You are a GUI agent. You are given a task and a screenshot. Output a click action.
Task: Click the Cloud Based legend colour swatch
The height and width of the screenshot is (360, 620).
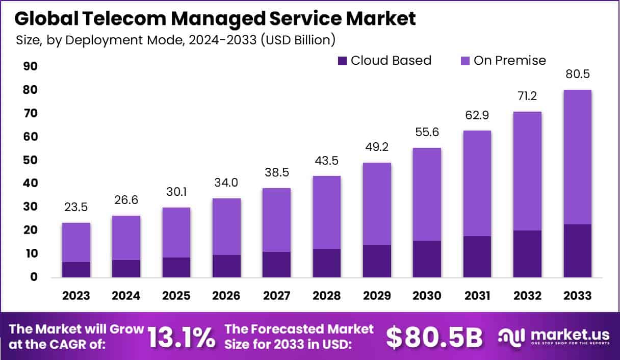point(342,61)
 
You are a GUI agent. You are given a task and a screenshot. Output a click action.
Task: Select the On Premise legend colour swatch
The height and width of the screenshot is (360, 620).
point(465,61)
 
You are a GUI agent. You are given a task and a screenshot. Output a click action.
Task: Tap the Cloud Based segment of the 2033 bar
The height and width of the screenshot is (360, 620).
point(577,251)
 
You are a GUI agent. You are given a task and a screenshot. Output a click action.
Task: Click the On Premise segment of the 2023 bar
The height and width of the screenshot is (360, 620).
point(76,243)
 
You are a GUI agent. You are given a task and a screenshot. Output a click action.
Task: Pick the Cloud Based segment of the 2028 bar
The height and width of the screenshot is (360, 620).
point(326,263)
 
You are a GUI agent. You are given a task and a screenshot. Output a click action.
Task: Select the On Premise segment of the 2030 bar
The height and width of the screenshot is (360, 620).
point(427,194)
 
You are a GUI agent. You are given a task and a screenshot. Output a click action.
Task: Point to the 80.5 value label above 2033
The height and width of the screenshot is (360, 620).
point(577,74)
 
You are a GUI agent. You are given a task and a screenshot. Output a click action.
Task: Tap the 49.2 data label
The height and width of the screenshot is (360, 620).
point(377,147)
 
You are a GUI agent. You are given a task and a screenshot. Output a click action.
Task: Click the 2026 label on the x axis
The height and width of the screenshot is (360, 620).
point(226,296)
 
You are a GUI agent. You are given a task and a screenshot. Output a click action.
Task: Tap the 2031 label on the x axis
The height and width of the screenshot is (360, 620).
point(477,296)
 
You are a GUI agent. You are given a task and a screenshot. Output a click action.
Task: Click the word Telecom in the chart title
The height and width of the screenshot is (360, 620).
point(130,18)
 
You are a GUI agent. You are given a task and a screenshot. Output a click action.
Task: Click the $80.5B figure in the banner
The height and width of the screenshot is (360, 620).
point(434,337)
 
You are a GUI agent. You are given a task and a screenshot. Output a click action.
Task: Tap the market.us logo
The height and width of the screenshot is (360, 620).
point(554,337)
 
